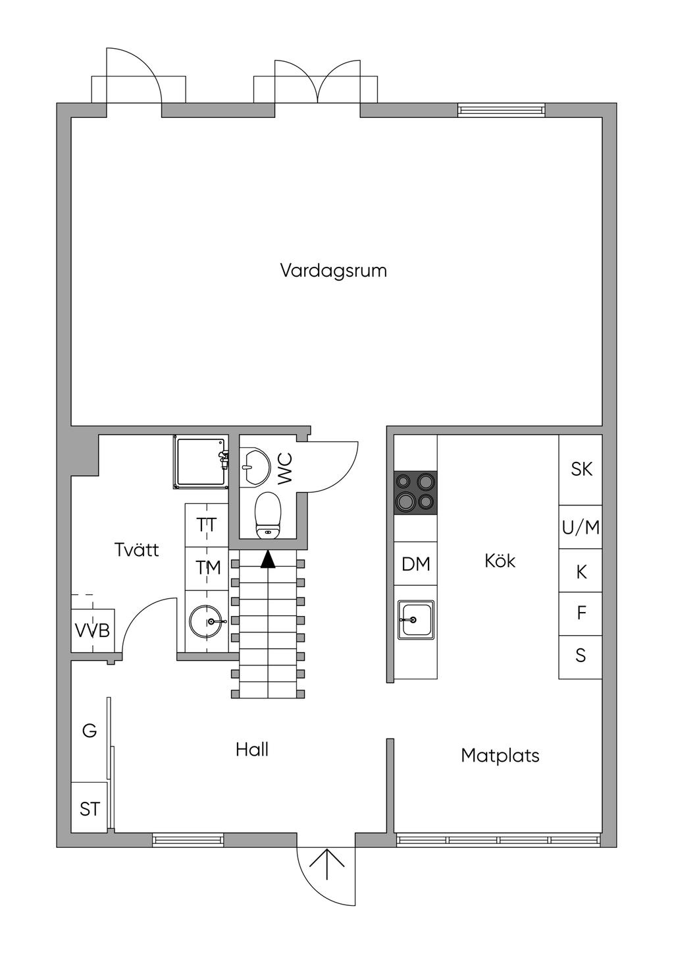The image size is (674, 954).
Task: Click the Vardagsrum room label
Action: click(x=334, y=271)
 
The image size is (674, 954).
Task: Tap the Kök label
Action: click(x=500, y=561)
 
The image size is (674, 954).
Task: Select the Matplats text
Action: click(x=500, y=756)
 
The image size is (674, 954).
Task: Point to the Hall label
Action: click(x=252, y=750)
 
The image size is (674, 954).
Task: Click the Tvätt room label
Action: click(x=137, y=550)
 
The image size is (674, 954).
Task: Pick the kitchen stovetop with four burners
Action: click(x=416, y=493)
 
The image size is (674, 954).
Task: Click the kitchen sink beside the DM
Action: click(x=416, y=620)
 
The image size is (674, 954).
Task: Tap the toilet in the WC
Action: click(x=268, y=516)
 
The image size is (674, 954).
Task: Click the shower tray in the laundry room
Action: click(x=200, y=462)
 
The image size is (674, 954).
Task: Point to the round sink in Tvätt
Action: click(x=206, y=622)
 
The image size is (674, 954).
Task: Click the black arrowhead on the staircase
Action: click(x=268, y=559)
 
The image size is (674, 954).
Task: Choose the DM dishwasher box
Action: click(x=416, y=563)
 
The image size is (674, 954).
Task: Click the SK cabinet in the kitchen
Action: click(x=581, y=470)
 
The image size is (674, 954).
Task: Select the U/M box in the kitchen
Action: click(x=581, y=527)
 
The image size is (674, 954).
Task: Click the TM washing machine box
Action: click(x=207, y=569)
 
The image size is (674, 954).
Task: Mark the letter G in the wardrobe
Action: click(x=90, y=731)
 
